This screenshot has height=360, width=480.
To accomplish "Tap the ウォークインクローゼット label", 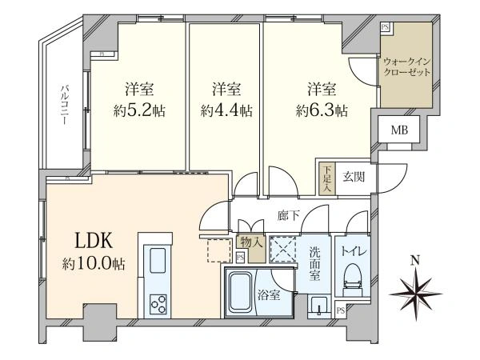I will click(407, 66).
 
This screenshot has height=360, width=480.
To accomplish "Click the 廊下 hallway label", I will click(289, 216).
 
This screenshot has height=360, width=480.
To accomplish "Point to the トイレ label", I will click(351, 250).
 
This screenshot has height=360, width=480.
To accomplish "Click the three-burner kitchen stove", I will click(156, 304).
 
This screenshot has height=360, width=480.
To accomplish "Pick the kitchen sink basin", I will click(156, 261).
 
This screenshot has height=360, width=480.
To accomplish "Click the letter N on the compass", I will click(414, 260).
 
